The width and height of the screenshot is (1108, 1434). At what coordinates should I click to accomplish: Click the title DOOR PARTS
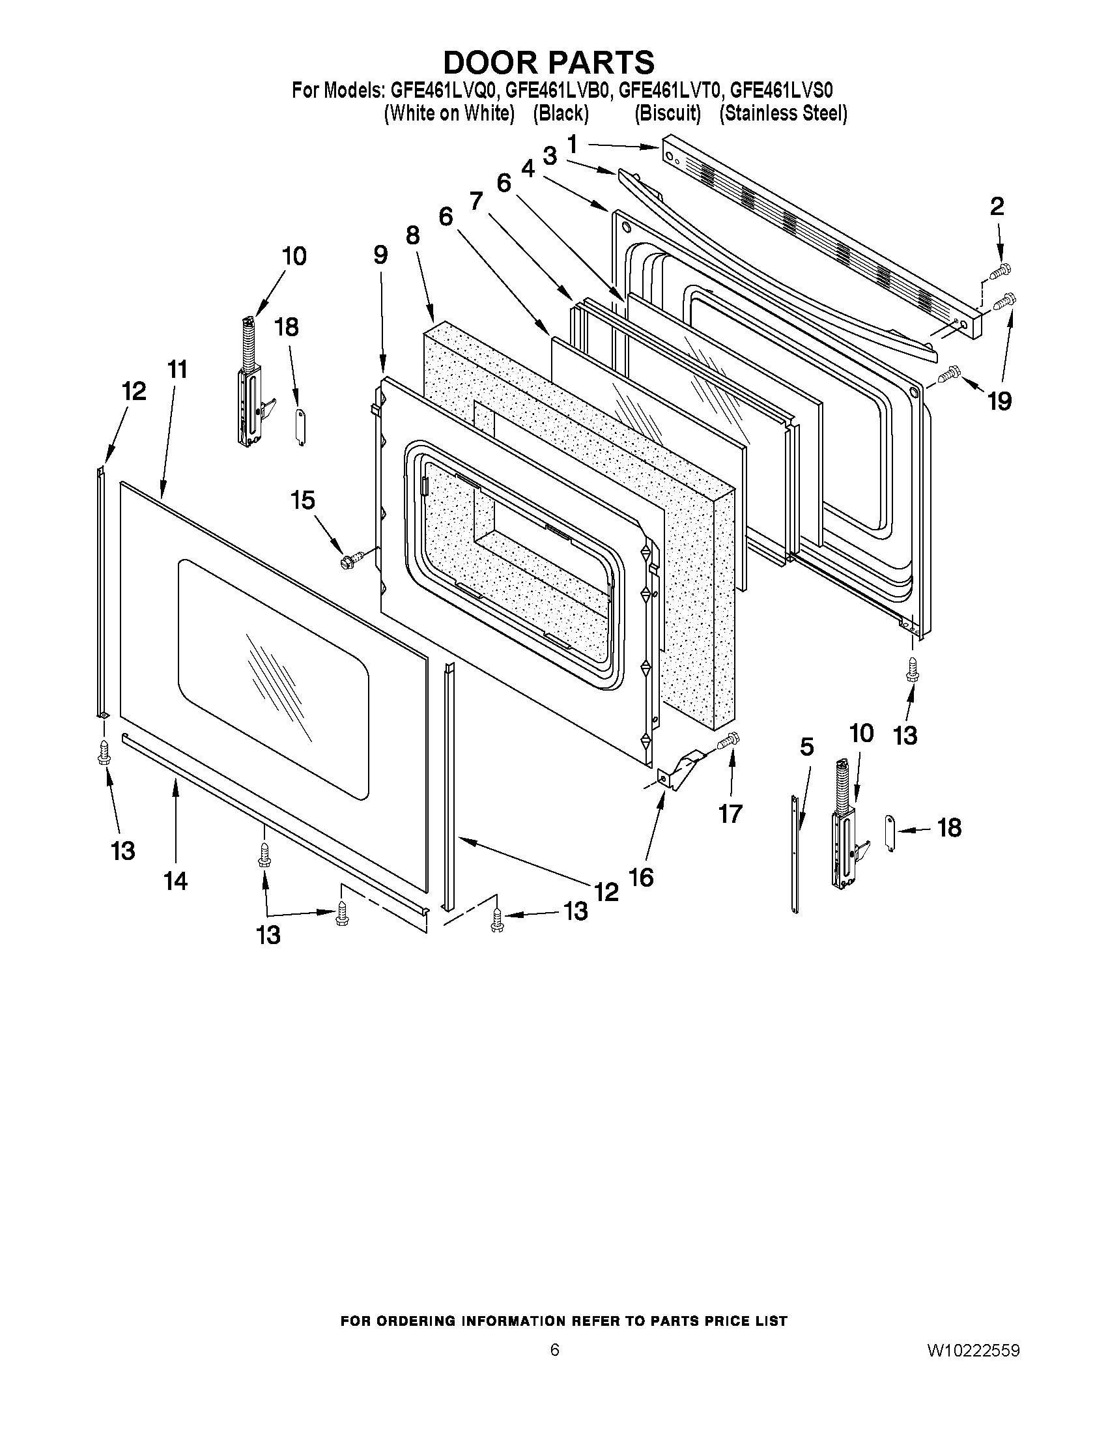pos(548,63)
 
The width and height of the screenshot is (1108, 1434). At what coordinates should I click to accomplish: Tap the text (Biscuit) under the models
pos(667,113)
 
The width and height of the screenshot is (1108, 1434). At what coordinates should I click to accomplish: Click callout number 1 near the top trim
pos(573,144)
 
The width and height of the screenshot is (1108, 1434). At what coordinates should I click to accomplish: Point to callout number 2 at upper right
pos(997,207)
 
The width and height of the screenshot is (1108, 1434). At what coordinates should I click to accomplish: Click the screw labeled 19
pos(948,375)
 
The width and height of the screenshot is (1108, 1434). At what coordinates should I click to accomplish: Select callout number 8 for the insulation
pos(412,235)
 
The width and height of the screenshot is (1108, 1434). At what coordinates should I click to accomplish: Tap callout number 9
pos(380,255)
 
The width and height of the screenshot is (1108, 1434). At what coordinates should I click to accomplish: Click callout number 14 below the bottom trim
pos(176,880)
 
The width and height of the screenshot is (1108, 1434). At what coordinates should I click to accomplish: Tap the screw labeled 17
pos(728,742)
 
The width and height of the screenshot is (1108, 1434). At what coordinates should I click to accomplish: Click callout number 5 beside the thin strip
pos(806,747)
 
